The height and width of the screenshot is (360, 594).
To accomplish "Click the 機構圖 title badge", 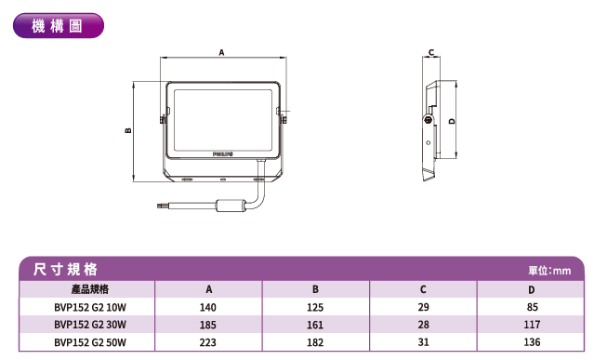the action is coord(59,26).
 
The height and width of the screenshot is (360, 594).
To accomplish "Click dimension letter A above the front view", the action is coord(221,52).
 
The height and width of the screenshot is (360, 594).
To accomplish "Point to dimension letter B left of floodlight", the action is coord(128,130).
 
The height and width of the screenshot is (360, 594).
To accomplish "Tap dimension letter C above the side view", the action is coord(431,52).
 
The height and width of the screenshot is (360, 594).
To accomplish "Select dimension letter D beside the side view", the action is coord(452,121).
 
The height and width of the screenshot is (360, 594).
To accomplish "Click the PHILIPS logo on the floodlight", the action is coord(223,153).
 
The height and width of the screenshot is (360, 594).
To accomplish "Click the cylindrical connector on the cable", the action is coord(231,206).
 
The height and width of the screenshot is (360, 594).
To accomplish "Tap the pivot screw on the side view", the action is coord(429,120).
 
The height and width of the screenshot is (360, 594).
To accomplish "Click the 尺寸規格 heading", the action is coord(66,270).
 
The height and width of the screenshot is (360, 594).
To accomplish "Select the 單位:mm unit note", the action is coord(549,271).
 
